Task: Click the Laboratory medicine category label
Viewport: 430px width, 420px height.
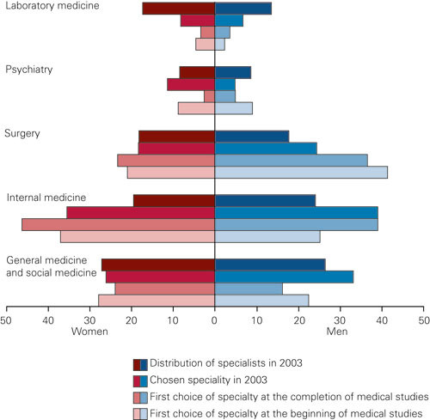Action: (51, 6)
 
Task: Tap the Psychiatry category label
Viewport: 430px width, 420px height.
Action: (31, 70)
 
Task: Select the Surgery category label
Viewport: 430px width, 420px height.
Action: (25, 133)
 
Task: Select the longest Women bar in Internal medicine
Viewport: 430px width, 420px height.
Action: (118, 225)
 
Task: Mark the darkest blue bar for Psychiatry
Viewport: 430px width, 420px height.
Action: (232, 73)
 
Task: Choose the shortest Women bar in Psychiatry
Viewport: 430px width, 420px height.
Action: (209, 96)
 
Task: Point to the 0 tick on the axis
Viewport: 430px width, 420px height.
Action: (215, 320)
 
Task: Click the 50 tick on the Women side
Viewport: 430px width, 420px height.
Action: (7, 320)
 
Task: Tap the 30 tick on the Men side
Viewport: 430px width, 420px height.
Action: (340, 320)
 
